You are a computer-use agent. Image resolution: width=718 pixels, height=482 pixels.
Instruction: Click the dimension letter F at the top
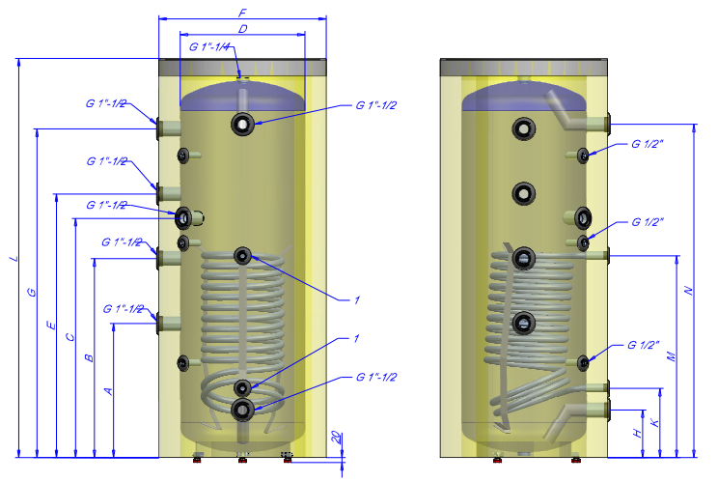pos(242,13)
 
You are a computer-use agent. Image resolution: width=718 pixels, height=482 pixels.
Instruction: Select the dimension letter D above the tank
pos(242,29)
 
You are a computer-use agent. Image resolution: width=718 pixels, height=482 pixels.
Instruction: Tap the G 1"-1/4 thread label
pos(209,46)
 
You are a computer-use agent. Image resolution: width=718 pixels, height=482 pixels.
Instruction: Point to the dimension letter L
pos(14,258)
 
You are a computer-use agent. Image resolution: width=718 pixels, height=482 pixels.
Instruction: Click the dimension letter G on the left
pos(31,292)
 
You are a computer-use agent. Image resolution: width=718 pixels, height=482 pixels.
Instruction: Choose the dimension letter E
pos(51,326)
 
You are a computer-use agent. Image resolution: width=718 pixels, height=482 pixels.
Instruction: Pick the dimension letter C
pos(69,337)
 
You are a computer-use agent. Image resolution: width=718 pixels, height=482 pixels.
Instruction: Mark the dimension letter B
pos(89,357)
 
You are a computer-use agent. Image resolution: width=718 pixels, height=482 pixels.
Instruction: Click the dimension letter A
pos(108,391)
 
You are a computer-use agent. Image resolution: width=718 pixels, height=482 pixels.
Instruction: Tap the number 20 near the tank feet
pos(337,438)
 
